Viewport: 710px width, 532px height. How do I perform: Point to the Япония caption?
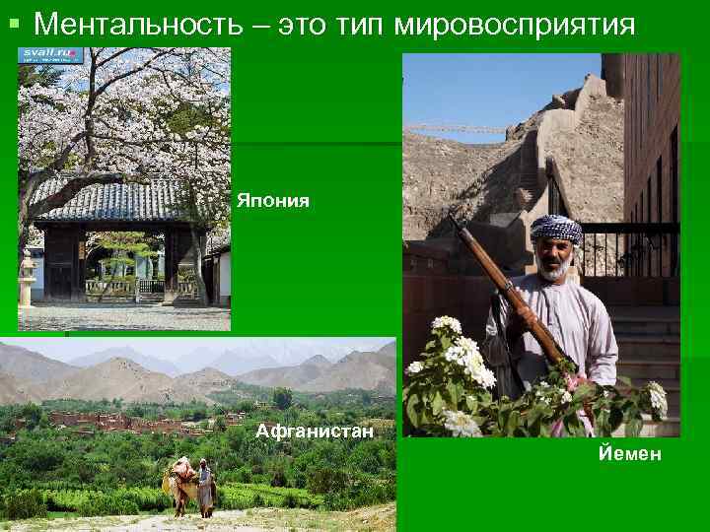click(272, 201)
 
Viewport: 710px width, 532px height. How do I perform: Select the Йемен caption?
click(628, 454)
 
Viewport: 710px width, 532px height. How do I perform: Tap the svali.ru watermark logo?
click(50, 56)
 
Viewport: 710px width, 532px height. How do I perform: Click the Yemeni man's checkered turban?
click(555, 228)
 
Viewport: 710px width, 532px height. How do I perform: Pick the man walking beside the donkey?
click(205, 486)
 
